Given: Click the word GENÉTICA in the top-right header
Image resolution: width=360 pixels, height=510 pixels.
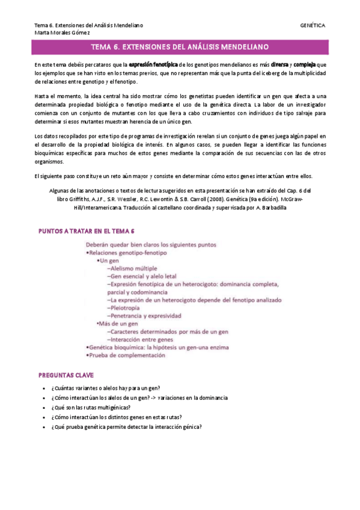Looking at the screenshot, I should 313,25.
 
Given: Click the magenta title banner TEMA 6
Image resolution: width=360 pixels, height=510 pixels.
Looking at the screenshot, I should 180,47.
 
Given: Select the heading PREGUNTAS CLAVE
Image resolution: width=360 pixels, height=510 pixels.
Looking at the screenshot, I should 67,375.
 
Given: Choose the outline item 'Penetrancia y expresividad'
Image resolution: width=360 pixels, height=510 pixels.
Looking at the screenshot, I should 144,315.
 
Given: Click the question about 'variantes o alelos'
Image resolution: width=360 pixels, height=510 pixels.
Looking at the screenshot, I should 109,388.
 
